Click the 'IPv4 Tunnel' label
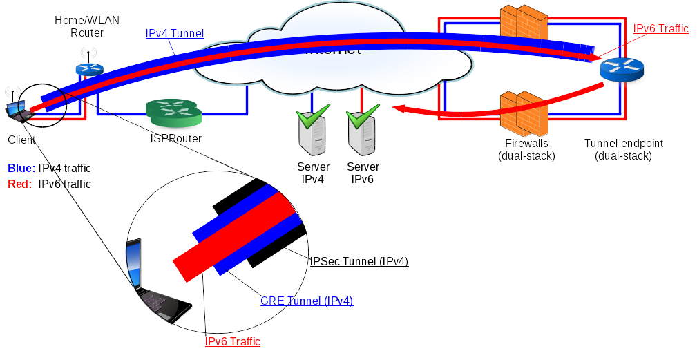pos(175,33)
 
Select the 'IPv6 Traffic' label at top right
pos(660,28)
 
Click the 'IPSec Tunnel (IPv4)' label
pos(359,261)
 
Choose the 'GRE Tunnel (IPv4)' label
pos(307,301)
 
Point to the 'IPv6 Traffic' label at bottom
pos(232,341)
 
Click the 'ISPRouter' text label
pos(175,138)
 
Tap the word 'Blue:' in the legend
pos(21,168)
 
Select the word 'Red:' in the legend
pos(20,184)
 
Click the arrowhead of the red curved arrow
pos(399,108)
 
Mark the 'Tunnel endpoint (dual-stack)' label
pos(623,149)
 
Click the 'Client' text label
pos(21,140)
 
